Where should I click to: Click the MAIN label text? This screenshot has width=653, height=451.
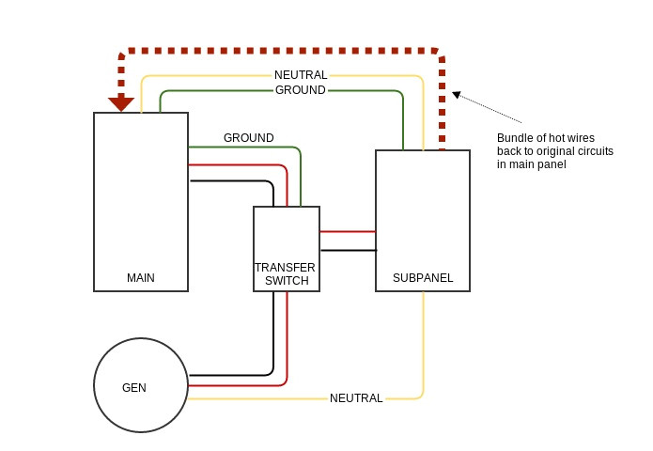141,278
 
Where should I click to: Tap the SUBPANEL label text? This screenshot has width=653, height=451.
423,278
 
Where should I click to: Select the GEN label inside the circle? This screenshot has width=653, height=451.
134,388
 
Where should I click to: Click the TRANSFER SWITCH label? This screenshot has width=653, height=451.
286,274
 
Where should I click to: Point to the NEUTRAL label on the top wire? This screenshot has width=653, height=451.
301,75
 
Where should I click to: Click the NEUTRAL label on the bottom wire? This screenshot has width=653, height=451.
356,398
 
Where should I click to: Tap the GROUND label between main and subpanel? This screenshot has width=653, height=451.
301,90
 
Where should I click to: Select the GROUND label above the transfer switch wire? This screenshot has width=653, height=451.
248,138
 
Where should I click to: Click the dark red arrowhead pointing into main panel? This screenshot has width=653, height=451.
121,103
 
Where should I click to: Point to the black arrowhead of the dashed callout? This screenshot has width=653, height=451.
457,94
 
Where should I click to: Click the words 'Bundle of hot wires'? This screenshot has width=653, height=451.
545,138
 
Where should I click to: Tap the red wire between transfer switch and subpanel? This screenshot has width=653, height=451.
348,231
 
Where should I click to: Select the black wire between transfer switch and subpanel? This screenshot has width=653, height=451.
348,250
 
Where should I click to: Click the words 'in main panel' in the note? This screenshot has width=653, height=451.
531,164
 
